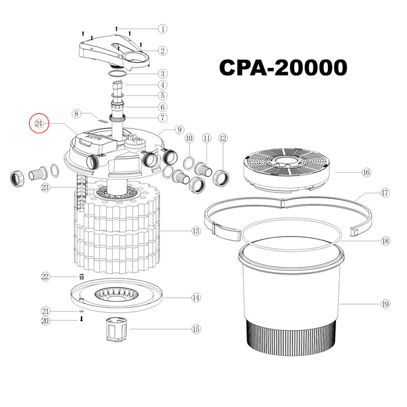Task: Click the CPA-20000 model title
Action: click(283, 67)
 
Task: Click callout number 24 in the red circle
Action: click(39, 123)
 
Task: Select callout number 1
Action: click(163, 28)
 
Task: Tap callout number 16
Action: click(366, 172)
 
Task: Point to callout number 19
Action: click(385, 304)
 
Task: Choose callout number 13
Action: click(196, 231)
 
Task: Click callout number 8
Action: click(76, 114)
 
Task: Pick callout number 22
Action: click(45, 276)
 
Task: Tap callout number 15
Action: click(196, 329)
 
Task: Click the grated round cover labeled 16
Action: click(287, 170)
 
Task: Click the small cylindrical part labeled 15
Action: click(116, 329)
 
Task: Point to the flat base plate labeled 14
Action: click(116, 296)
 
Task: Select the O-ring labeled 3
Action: click(117, 74)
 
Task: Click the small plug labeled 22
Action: click(82, 276)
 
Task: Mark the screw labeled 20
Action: click(81, 319)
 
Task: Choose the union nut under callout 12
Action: click(221, 178)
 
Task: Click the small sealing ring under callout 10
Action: click(189, 163)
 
